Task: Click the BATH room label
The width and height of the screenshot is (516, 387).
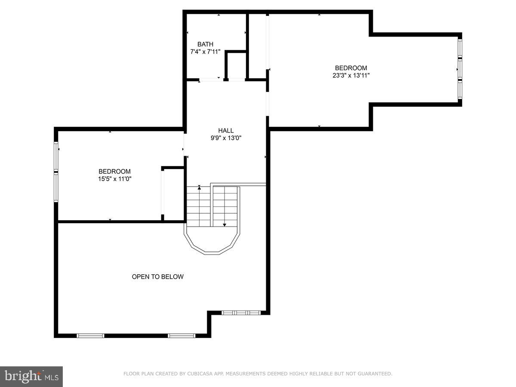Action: pyautogui.click(x=205, y=44)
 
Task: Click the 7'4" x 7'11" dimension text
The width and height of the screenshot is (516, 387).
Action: pyautogui.click(x=205, y=52)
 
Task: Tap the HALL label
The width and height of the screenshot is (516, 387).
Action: pyautogui.click(x=226, y=131)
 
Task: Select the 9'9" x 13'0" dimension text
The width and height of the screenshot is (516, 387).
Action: pyautogui.click(x=226, y=138)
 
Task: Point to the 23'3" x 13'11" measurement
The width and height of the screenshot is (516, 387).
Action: pyautogui.click(x=351, y=75)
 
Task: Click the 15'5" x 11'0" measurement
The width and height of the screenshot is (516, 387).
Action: pyautogui.click(x=114, y=179)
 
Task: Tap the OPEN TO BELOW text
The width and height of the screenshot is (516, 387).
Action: pyautogui.click(x=157, y=277)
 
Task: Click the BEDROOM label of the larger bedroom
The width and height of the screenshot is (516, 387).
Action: pyautogui.click(x=351, y=68)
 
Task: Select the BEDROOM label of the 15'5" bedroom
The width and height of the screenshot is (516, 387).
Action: pyautogui.click(x=114, y=172)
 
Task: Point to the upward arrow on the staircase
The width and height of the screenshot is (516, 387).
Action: pyautogui.click(x=199, y=188)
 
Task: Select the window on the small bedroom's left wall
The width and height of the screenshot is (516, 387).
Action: pyautogui.click(x=56, y=172)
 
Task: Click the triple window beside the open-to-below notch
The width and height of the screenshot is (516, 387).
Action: pyautogui.click(x=241, y=313)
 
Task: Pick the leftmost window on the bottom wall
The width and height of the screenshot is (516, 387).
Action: pyautogui.click(x=90, y=335)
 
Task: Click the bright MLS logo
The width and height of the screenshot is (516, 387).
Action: pyautogui.click(x=31, y=377)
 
